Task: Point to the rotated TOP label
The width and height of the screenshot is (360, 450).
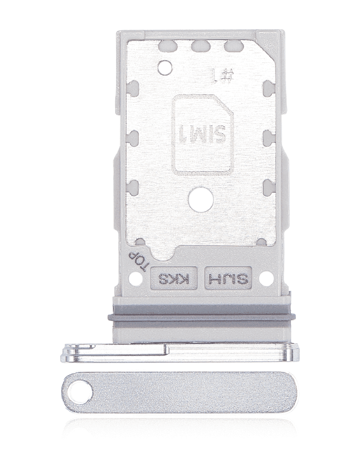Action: point(134,260)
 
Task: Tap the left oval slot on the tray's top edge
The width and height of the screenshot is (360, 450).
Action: point(167,45)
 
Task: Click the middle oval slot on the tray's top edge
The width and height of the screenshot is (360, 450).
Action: point(200,45)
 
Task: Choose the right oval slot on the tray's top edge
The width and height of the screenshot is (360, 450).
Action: point(233,45)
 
